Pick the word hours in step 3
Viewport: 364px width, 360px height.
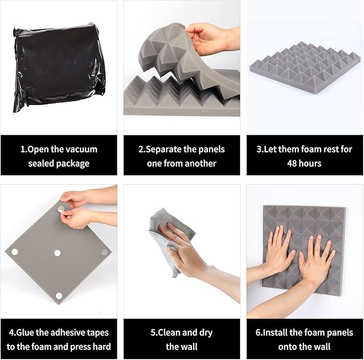tap(313, 163)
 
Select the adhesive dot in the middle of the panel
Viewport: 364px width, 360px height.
tap(56, 253)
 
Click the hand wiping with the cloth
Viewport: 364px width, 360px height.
tap(188, 244)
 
